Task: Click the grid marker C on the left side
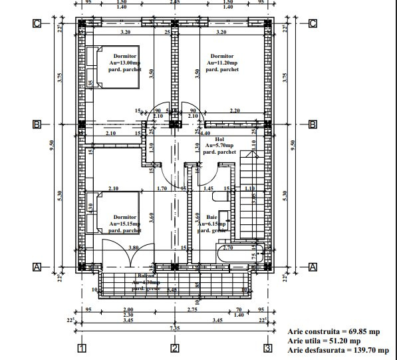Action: click(x=37, y=24)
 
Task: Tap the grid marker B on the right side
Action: click(x=312, y=124)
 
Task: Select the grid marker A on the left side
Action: click(x=37, y=267)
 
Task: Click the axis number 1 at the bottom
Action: click(x=80, y=348)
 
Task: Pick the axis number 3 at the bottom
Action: click(x=267, y=348)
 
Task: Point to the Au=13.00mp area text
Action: click(x=125, y=63)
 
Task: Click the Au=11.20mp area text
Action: click(x=221, y=63)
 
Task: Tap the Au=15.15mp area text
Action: click(x=125, y=224)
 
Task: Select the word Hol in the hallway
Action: click(x=219, y=138)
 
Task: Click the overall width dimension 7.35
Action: click(x=174, y=327)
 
